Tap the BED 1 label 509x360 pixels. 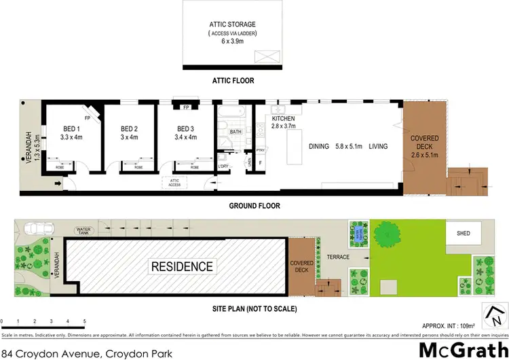click(x=72, y=129)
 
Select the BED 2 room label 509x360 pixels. click(x=129, y=129)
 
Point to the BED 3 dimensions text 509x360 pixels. click(x=187, y=137)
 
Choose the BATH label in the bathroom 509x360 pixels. click(x=235, y=132)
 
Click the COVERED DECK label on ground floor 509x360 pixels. click(x=425, y=143)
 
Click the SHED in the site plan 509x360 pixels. click(x=464, y=234)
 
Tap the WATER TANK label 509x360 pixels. click(x=83, y=231)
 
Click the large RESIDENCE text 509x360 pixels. click(x=182, y=266)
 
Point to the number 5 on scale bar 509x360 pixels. click(x=84, y=321)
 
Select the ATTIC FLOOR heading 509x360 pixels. click(x=232, y=80)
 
